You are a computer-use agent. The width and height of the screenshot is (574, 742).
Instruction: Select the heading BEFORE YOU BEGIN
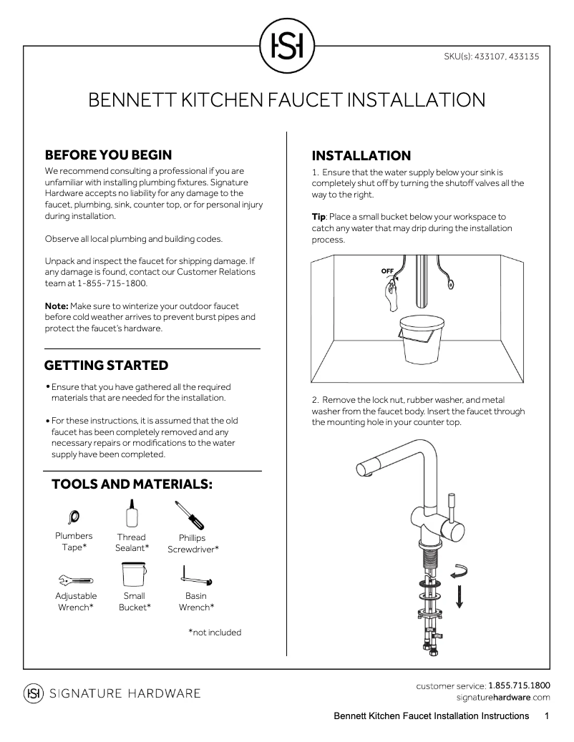108,155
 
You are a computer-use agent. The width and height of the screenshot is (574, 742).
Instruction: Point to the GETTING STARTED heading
107,366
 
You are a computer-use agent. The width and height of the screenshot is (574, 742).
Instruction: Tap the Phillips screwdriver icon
188,515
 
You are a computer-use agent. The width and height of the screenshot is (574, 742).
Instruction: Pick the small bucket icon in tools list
134,575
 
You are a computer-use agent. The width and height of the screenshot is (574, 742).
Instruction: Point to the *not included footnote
215,633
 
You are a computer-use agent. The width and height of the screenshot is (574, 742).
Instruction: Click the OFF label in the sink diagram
387,271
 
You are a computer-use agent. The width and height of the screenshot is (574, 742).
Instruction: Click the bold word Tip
318,217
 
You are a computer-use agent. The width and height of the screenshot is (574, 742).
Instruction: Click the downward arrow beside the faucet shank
459,595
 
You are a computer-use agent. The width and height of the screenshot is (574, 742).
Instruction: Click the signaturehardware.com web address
502,697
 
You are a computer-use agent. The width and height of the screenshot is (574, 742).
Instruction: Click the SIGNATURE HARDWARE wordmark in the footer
124,693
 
